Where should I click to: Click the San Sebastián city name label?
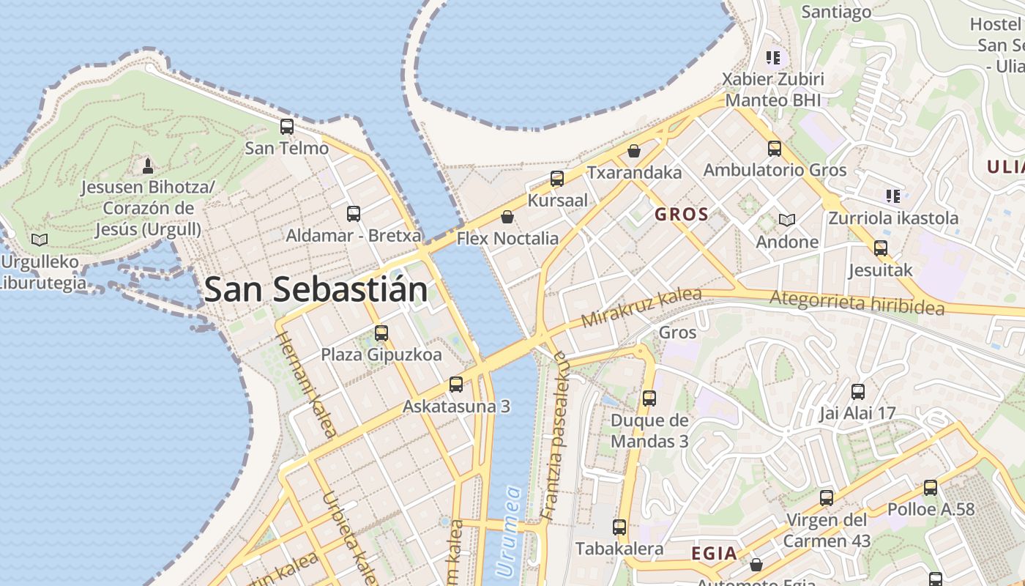[316, 290]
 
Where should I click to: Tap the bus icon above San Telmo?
[287, 127]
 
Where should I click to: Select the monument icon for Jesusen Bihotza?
[147, 166]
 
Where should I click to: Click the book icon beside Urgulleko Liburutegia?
[40, 240]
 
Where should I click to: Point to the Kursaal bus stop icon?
[557, 179]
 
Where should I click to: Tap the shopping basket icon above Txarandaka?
[634, 151]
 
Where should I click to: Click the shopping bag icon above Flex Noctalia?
[507, 217]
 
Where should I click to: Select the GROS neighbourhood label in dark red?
[682, 215]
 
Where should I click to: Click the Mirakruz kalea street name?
[641, 308]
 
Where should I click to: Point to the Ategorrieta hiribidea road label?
[857, 303]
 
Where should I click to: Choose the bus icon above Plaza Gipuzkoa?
[381, 333]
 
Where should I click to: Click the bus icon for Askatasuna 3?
[456, 384]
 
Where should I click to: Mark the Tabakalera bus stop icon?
[619, 527]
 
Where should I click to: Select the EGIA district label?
[715, 554]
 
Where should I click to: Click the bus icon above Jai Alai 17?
[857, 391]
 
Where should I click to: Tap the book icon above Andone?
[787, 220]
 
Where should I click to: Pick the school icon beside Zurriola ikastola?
[893, 196]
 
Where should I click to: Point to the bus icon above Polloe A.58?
[931, 487]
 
